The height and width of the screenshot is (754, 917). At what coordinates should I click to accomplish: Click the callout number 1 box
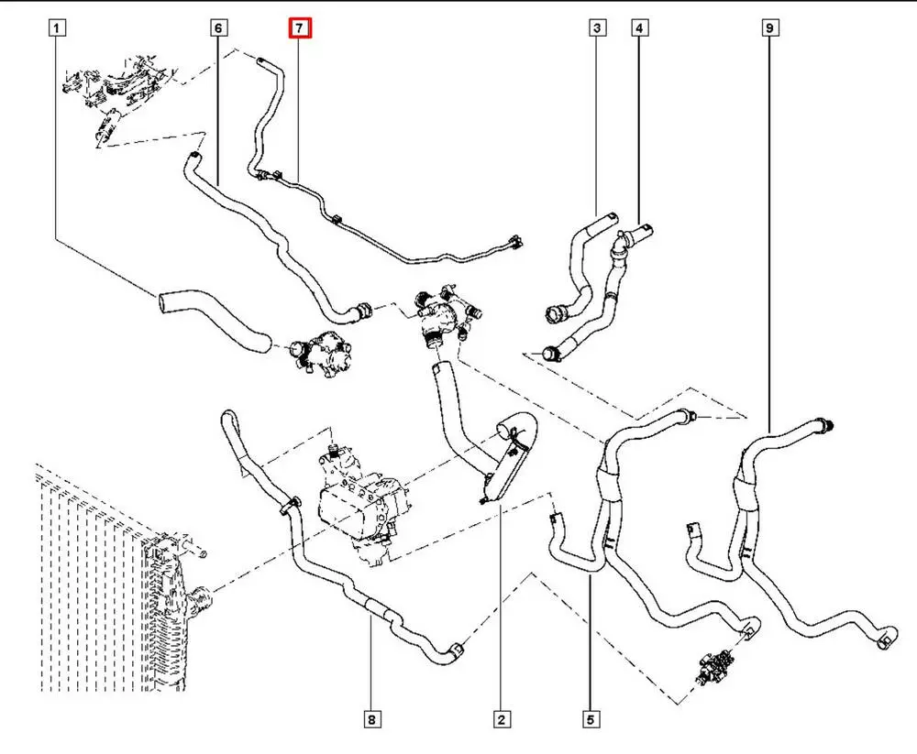57,28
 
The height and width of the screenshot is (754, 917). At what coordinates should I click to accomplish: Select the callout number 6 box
218,28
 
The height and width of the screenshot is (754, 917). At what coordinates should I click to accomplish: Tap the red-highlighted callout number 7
300,28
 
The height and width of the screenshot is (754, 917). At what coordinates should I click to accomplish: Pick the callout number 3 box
597,28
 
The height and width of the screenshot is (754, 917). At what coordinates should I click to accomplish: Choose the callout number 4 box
639,28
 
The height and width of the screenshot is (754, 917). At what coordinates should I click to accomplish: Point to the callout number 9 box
768,28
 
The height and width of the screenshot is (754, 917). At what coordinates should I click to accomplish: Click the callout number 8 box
371,720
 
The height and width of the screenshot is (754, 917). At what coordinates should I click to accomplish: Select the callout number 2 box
501,720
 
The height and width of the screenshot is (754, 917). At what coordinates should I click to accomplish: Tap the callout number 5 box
591,720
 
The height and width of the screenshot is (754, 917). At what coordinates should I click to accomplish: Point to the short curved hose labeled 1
211,321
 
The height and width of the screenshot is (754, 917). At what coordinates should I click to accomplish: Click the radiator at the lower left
101,586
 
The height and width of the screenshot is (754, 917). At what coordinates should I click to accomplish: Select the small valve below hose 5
714,663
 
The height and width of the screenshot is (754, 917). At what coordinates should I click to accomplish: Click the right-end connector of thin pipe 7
514,243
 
